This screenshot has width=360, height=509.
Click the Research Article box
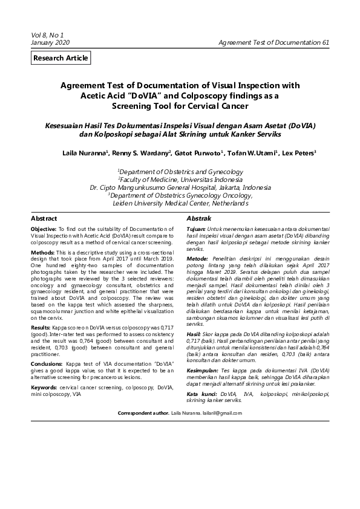pyautogui.click(x=61, y=58)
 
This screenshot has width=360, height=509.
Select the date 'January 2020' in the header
pyautogui.click(x=51, y=44)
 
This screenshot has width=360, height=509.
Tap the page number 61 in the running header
pyautogui.click(x=326, y=44)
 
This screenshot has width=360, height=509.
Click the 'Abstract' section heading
pyautogui.click(x=44, y=218)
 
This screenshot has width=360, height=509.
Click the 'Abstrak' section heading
pyautogui.click(x=198, y=218)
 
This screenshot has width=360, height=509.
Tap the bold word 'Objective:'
pyautogui.click(x=44, y=230)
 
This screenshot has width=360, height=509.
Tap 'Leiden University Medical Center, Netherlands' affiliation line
pyautogui.click(x=180, y=204)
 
